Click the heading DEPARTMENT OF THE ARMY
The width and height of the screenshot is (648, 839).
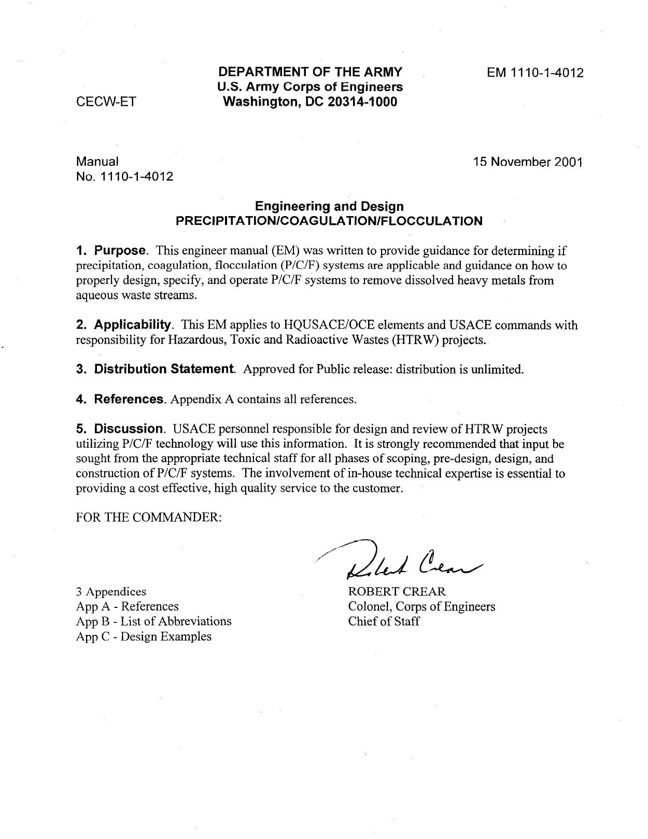tap(310, 72)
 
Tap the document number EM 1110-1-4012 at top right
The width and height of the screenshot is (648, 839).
tap(535, 73)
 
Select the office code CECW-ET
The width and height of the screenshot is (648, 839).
tap(106, 102)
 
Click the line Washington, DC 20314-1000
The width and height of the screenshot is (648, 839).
tap(310, 102)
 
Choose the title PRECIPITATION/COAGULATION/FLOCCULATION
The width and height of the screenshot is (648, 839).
tap(329, 221)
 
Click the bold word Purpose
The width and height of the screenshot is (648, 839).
tap(119, 251)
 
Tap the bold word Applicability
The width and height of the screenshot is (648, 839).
tap(132, 325)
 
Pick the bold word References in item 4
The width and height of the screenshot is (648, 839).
tap(129, 399)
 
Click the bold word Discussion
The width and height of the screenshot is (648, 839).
tap(129, 429)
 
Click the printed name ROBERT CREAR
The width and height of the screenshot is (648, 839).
tap(397, 591)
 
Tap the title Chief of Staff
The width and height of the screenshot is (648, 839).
tap(384, 621)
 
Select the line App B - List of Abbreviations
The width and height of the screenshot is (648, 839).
tap(153, 621)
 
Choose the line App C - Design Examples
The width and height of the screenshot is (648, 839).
tap(144, 636)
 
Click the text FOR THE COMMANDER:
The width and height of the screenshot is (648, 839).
tap(149, 518)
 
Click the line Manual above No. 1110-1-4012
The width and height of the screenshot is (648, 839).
tap(97, 162)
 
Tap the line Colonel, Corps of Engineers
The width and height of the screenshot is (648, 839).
tap(421, 606)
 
